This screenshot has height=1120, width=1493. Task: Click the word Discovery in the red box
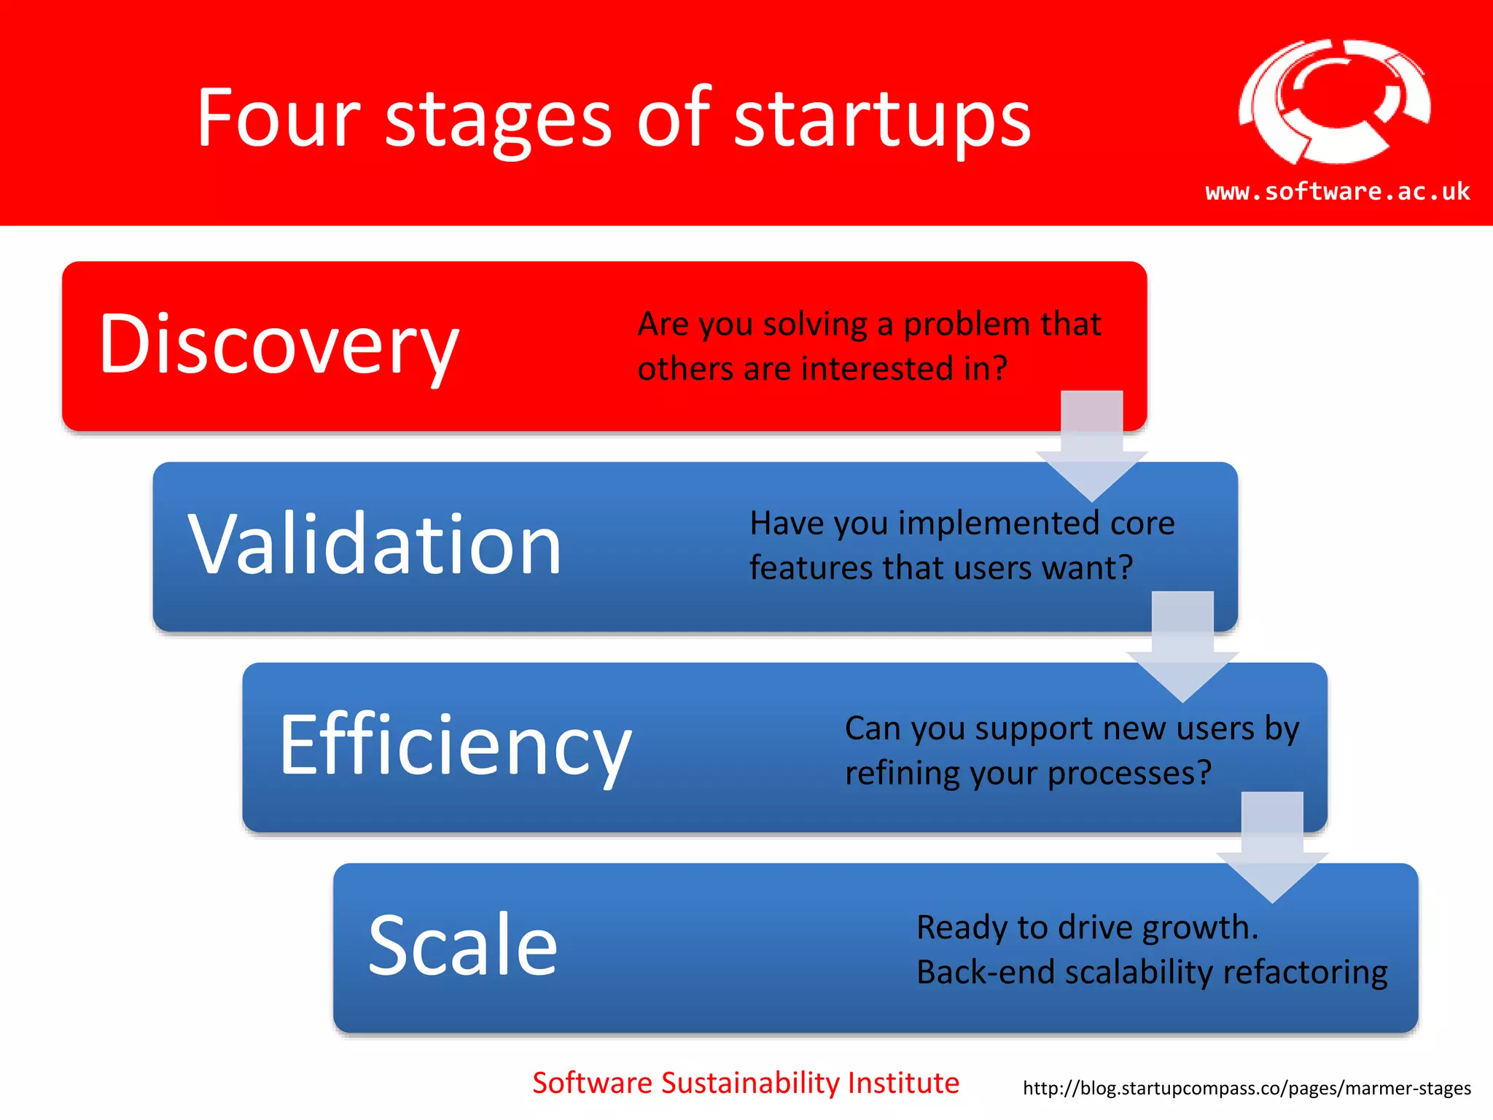point(278,344)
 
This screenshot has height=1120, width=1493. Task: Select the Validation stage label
point(375,544)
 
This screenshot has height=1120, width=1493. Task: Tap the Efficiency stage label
point(455,745)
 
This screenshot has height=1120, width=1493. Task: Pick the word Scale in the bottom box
point(463,945)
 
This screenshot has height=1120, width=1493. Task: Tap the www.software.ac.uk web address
point(1337,192)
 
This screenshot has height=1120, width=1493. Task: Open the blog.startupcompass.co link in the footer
point(1247,1089)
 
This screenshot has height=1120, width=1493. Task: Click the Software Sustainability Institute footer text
point(745,1083)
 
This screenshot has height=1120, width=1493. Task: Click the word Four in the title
point(278,118)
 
